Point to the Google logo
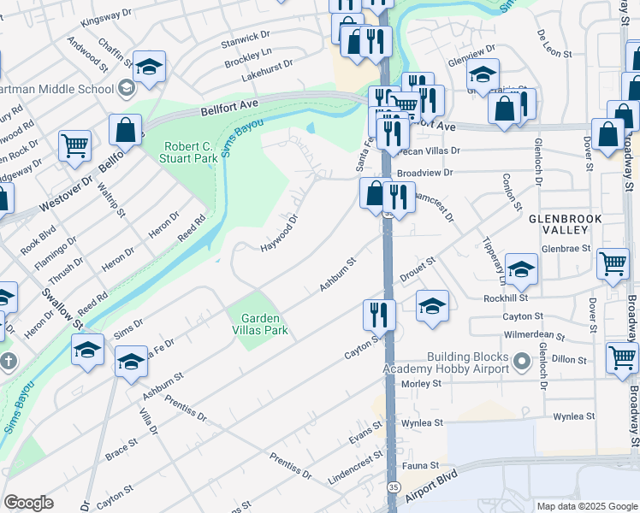[29, 503]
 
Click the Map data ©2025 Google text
[587, 506]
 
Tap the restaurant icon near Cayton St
[378, 315]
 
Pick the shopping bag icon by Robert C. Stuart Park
[126, 131]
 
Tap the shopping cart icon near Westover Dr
[75, 145]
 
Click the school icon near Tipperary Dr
[521, 272]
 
